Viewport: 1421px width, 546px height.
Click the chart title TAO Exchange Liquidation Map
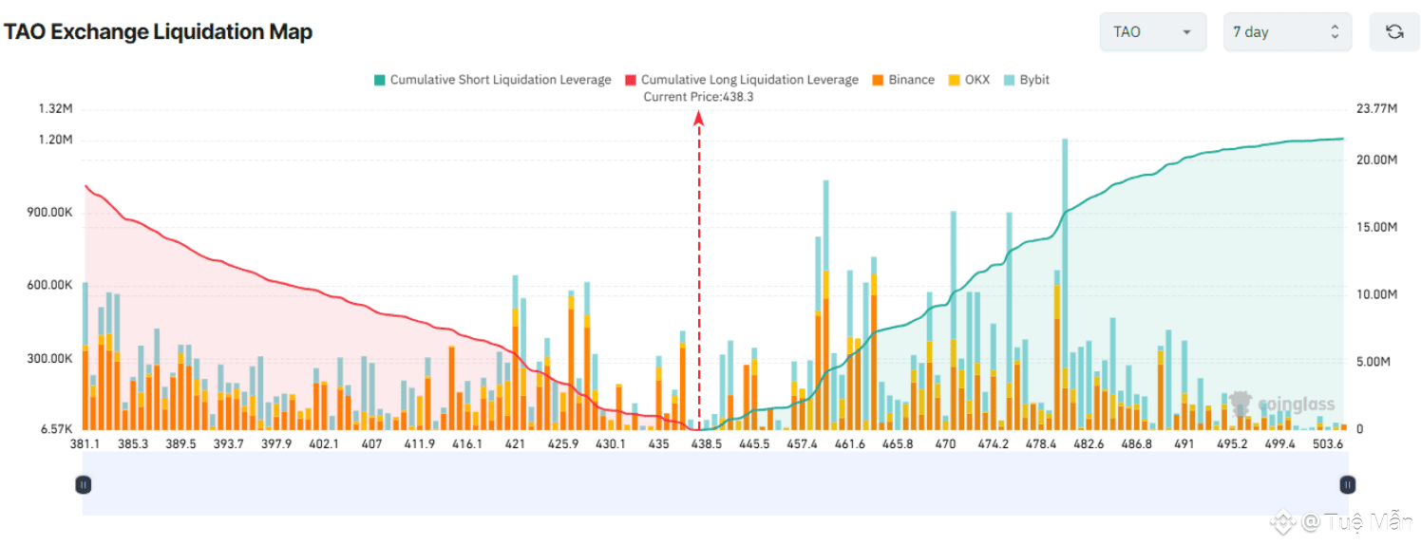click(158, 32)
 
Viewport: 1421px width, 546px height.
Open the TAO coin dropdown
click(1152, 32)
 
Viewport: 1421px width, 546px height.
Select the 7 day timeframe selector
click(1285, 32)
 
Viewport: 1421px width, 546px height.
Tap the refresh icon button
click(1393, 32)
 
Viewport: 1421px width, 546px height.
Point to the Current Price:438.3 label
click(698, 97)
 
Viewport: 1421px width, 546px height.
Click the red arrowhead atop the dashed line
click(699, 117)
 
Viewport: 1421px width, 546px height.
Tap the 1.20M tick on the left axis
click(55, 140)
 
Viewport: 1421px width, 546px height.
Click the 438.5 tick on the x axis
click(706, 443)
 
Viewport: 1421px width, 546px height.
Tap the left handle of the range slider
click(84, 484)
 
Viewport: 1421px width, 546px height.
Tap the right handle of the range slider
click(1347, 484)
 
